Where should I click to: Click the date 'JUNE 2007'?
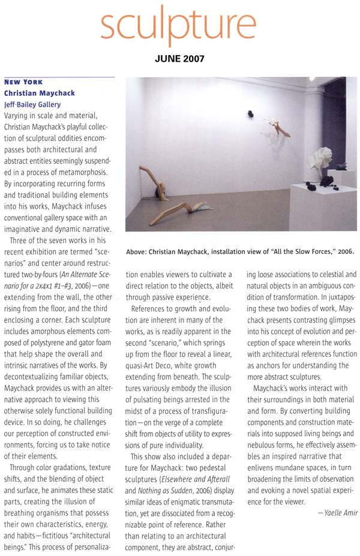click(180, 59)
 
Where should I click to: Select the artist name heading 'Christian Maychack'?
click(40, 93)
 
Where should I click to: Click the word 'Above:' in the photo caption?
click(137, 251)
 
